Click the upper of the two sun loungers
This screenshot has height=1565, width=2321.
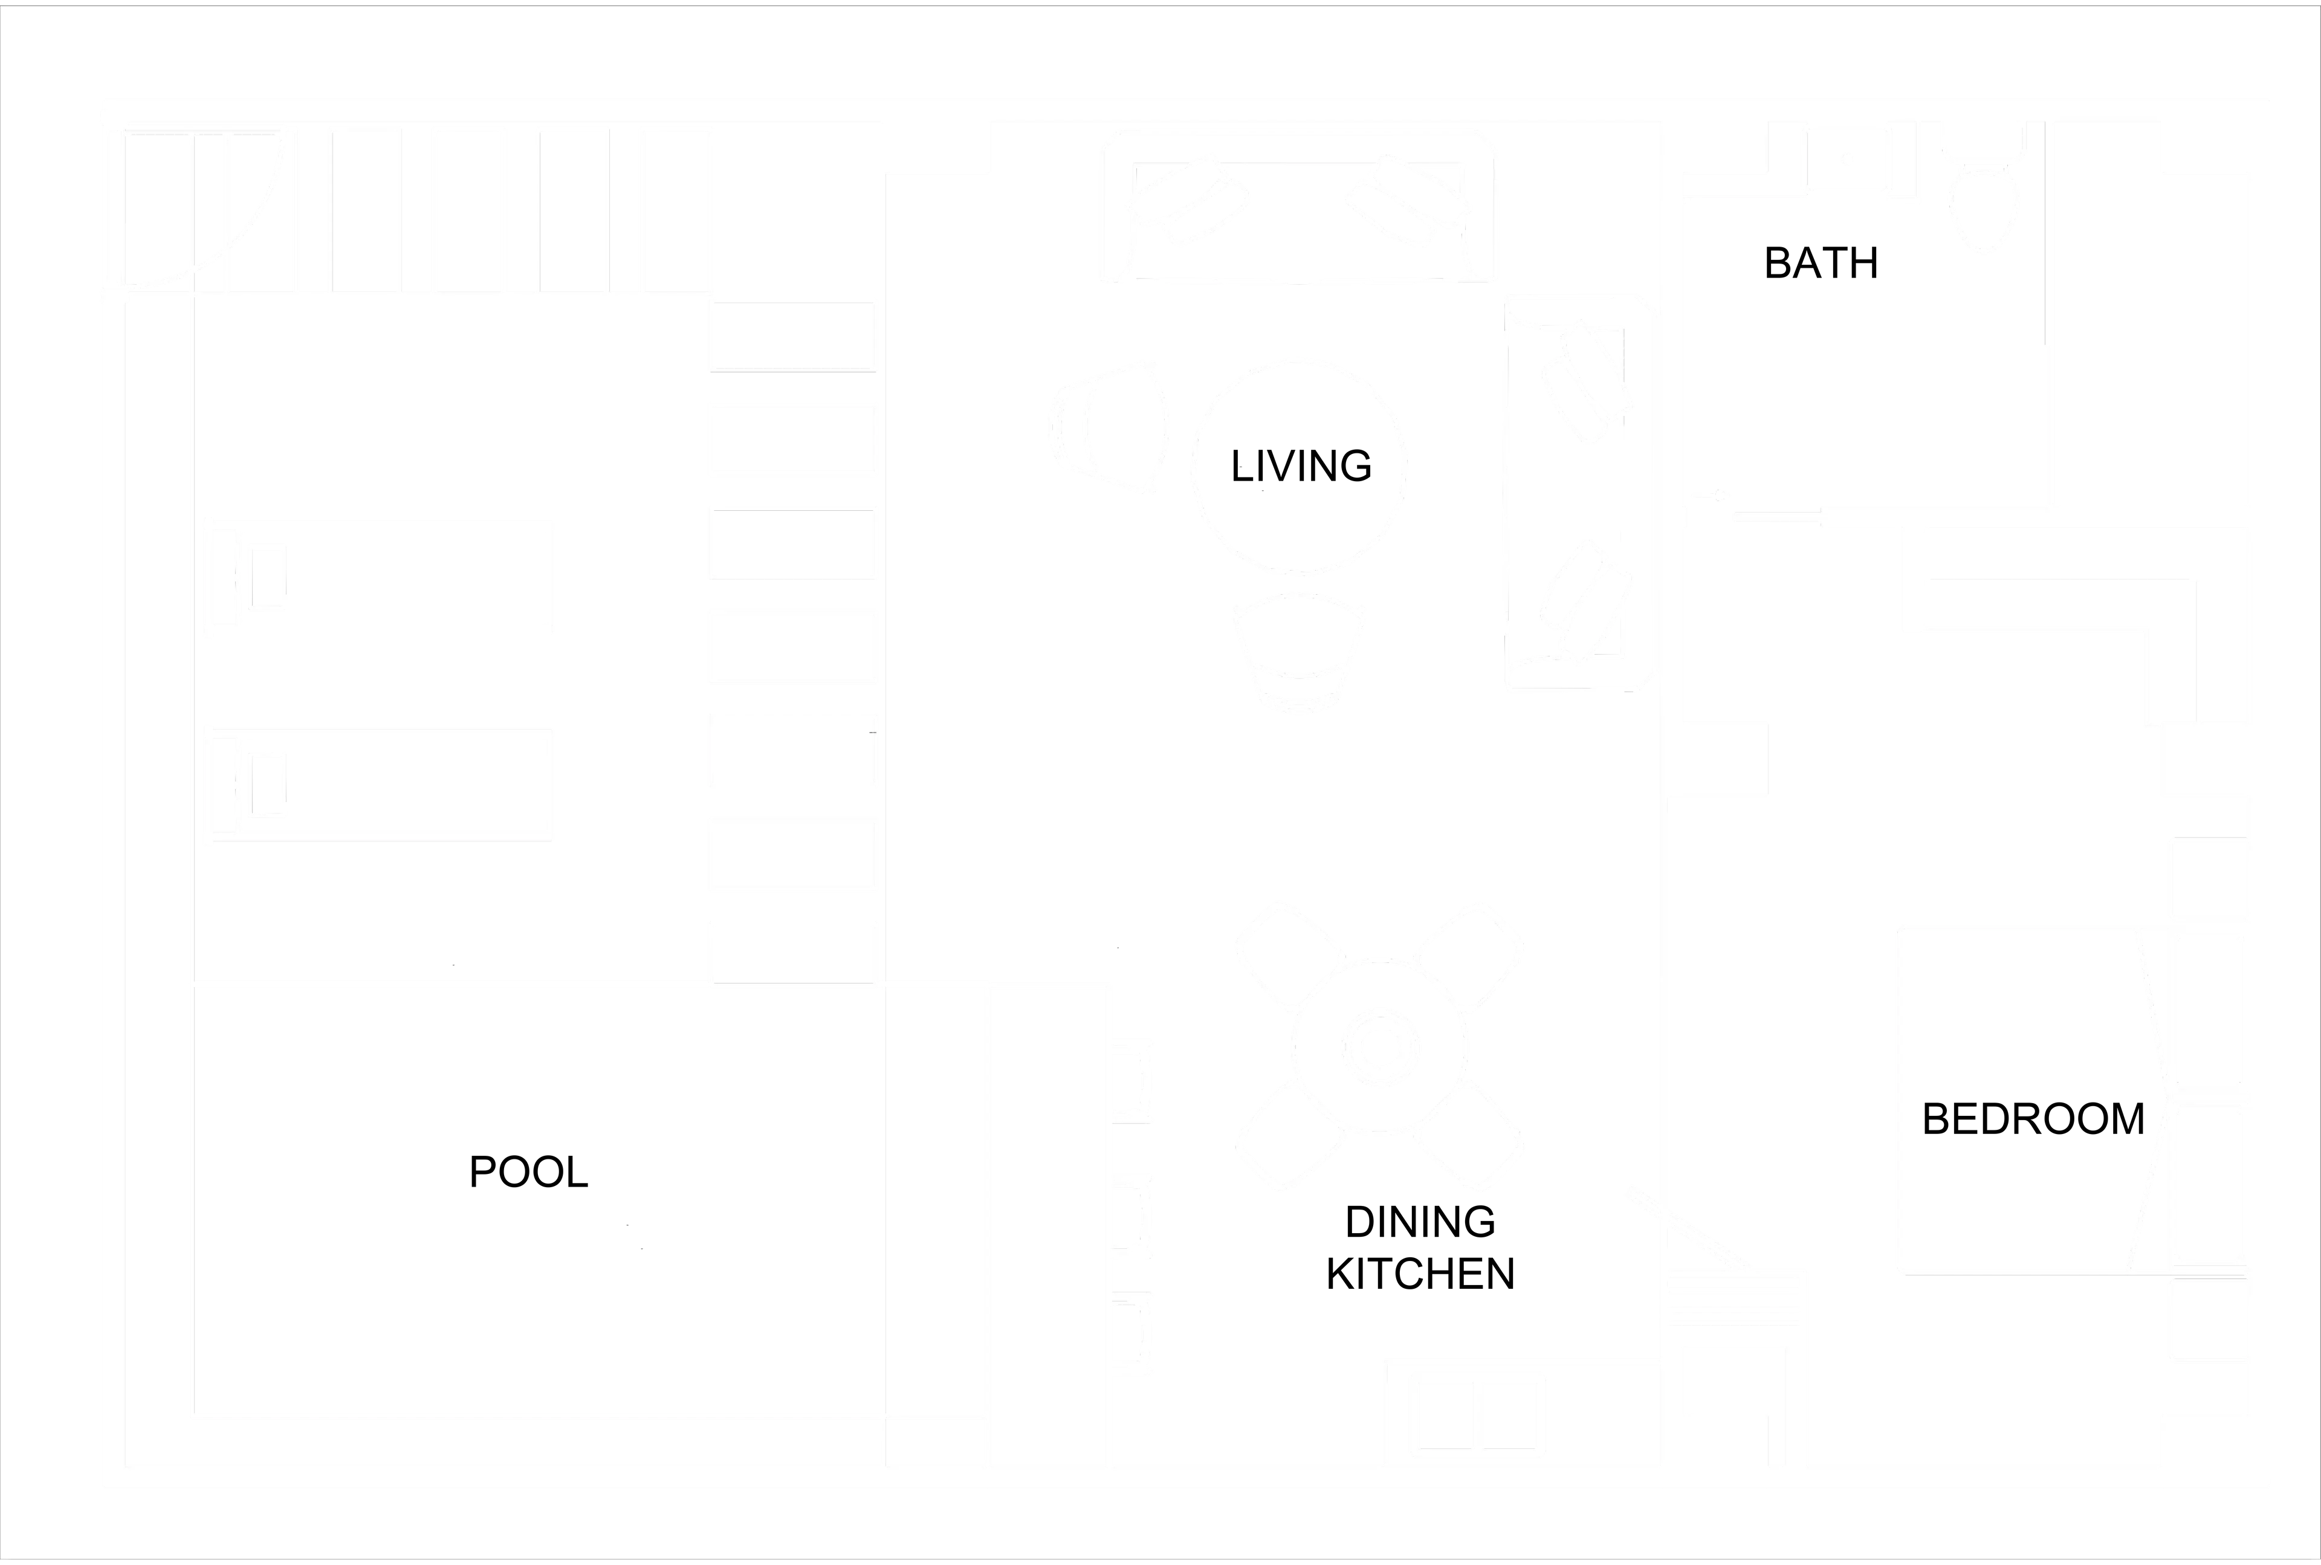(x=379, y=577)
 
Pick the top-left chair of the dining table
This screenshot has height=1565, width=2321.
(x=1288, y=953)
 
